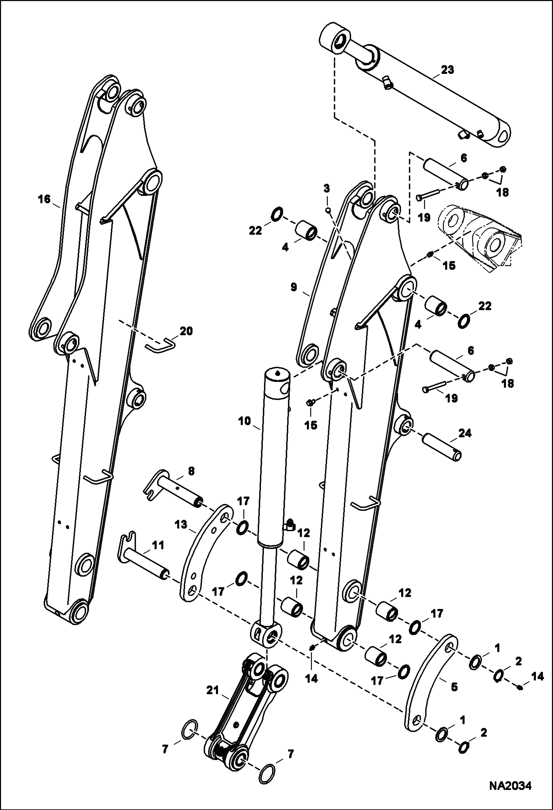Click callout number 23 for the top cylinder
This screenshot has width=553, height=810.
point(447,70)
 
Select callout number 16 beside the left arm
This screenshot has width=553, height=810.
point(44,200)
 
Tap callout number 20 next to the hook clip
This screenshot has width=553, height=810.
point(186,331)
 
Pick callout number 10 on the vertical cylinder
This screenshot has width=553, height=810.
point(245,421)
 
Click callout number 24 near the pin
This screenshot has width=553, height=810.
point(465,433)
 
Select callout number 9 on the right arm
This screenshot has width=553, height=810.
point(294,287)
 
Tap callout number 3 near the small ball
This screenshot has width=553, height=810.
point(326,189)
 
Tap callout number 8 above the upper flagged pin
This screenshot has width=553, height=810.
point(191,471)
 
